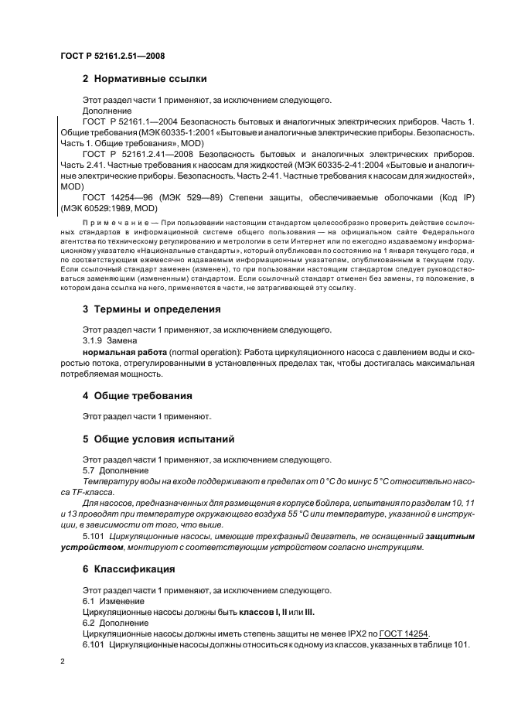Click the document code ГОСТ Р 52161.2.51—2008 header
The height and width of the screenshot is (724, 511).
(113, 56)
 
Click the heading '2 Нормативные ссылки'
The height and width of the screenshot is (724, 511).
(144, 78)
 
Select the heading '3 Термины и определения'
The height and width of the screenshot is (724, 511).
(152, 309)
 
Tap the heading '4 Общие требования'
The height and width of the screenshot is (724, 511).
(138, 396)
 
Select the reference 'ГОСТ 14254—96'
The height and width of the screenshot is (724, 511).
(115, 197)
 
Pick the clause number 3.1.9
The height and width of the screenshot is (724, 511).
(94, 341)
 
